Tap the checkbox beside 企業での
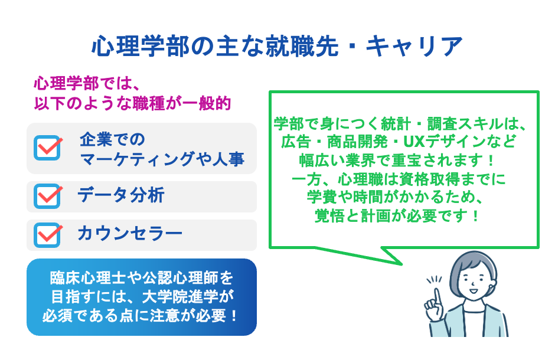[48, 148]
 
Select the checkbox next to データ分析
[48, 197]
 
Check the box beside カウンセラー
[48, 234]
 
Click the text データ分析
[120, 196]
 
